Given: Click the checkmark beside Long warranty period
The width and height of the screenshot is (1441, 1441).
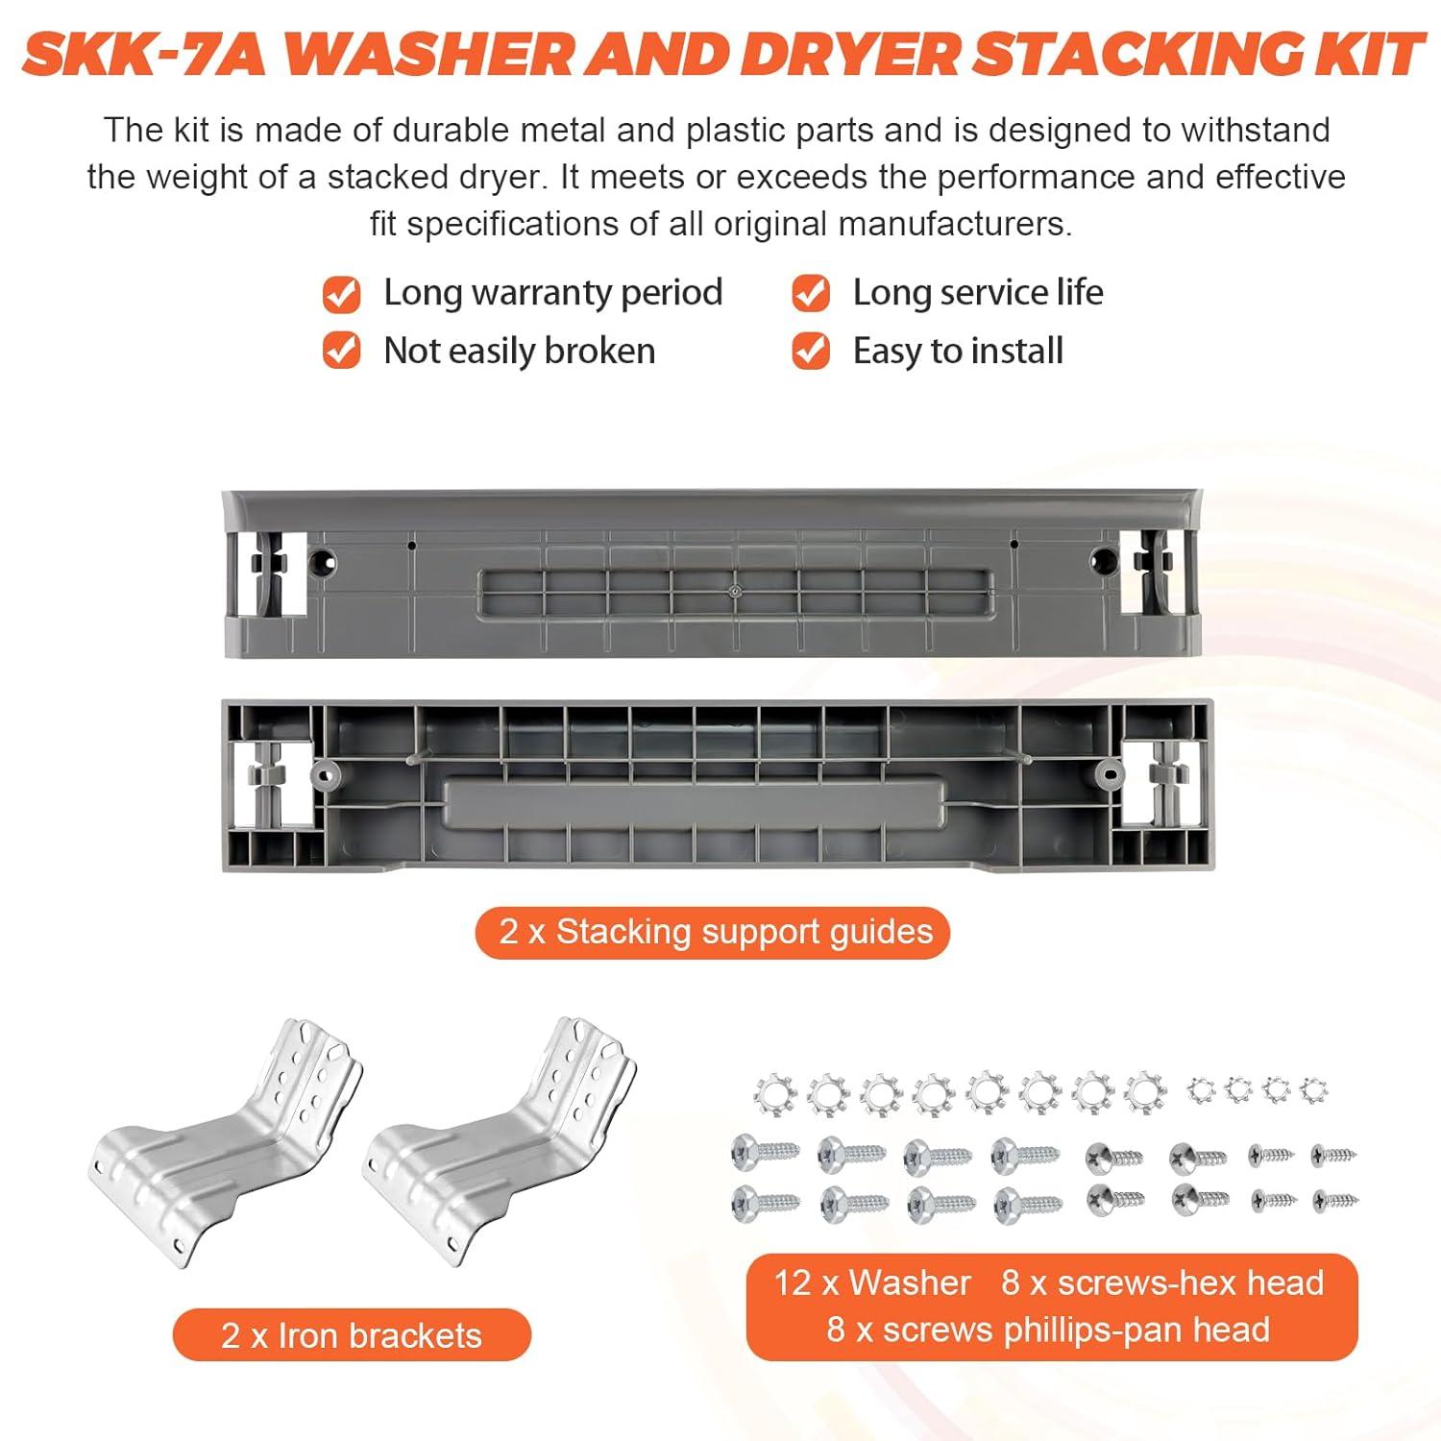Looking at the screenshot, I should pos(341,294).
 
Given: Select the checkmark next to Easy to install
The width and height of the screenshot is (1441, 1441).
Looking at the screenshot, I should pos(811,352).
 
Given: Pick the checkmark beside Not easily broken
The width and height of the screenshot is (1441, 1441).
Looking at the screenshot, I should pos(341,352).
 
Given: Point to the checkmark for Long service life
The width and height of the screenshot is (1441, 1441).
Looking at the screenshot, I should pos(811,294).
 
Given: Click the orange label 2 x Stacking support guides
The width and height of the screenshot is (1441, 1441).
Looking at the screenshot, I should pos(713,933).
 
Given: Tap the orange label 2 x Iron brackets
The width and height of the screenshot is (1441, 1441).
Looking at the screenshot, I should pos(352,1335).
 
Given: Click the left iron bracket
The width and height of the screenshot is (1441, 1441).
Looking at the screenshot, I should pos(225,1143).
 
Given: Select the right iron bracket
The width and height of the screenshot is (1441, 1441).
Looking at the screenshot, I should pos(500,1143).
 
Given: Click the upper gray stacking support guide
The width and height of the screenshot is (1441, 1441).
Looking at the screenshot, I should pos(711,574).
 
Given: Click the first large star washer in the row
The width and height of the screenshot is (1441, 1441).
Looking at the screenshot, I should pos(773,1093).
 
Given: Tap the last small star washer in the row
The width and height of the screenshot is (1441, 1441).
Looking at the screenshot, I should pos(1313,1090).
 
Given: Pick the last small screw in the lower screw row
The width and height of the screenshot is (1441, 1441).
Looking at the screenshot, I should pos(1335,1199).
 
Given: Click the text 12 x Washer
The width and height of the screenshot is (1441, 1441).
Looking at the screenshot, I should pos(872,1283).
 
